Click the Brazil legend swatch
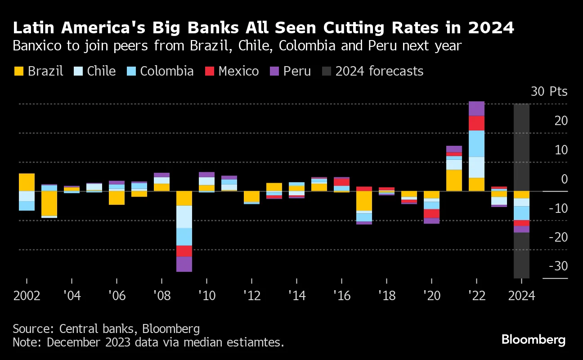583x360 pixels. (x=18, y=71)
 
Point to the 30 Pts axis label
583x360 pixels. (x=549, y=92)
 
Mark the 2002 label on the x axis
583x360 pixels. (x=27, y=296)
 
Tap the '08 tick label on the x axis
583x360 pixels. (x=161, y=296)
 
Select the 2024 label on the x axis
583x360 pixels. (x=521, y=296)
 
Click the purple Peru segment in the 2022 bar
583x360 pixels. (x=476, y=108)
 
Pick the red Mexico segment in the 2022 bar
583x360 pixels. (x=476, y=123)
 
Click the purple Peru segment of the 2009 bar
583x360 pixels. (x=184, y=264)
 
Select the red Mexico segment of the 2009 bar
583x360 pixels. (x=184, y=251)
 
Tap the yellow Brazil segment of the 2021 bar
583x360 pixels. (x=454, y=180)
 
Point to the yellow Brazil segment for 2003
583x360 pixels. (x=49, y=203)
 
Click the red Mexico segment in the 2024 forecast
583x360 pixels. (x=521, y=223)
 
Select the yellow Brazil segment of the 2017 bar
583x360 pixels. (x=364, y=201)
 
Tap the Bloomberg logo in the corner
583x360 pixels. (x=534, y=340)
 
